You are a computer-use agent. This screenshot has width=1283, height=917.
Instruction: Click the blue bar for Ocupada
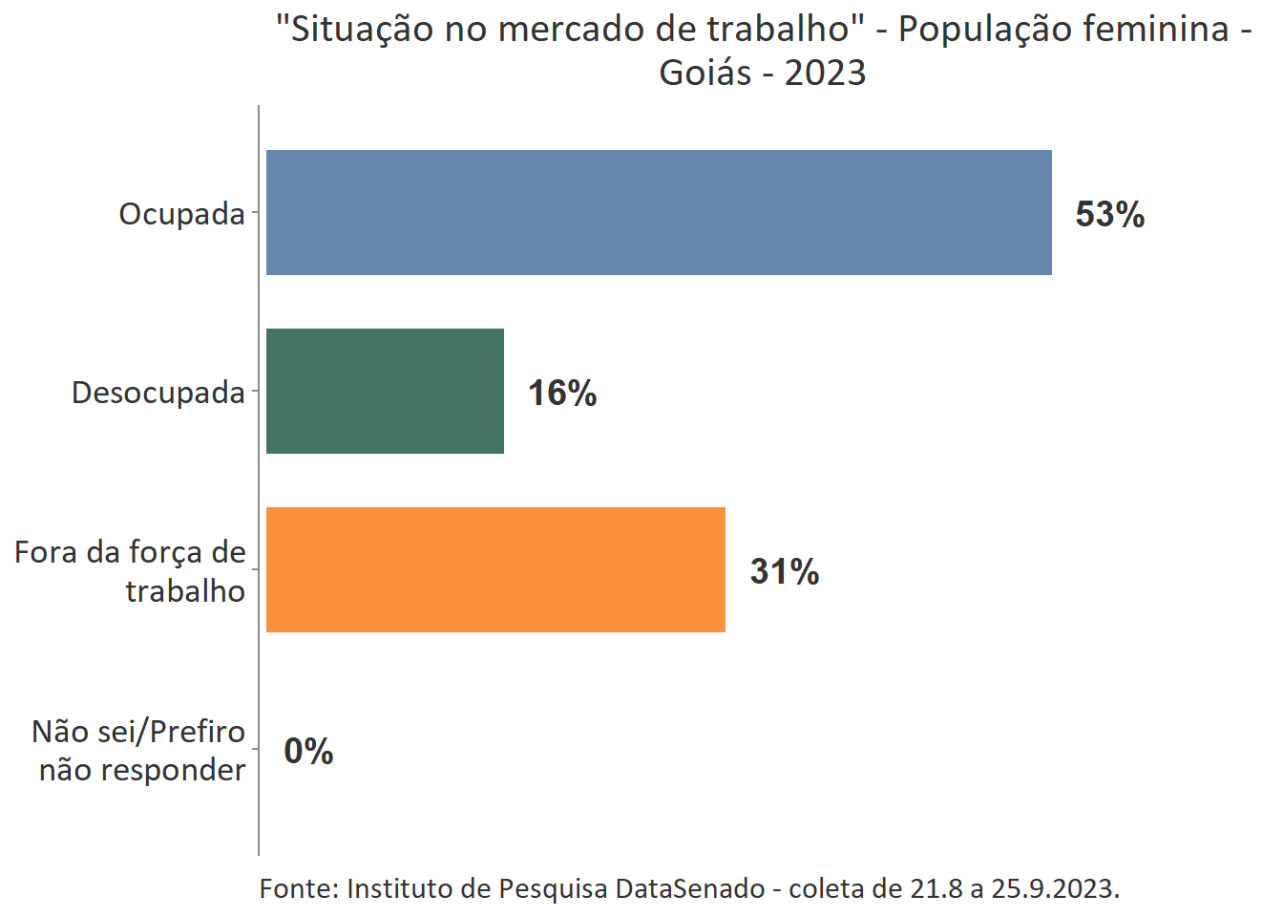[x=659, y=212]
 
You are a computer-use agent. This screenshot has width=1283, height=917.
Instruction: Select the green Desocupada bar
[x=385, y=391]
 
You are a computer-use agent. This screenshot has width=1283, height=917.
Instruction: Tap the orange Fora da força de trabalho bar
[x=495, y=569]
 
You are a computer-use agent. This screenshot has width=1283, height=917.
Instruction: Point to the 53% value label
[x=1109, y=214]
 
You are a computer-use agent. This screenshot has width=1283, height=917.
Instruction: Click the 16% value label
[x=562, y=393]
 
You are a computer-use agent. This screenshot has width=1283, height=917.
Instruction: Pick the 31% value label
[x=784, y=571]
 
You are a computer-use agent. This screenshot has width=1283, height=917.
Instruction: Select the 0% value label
[x=308, y=751]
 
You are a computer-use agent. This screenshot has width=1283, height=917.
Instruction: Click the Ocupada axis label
[x=181, y=214]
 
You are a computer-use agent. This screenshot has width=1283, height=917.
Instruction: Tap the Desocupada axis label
[x=158, y=393]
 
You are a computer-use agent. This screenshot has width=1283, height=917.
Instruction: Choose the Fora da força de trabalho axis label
[x=131, y=571]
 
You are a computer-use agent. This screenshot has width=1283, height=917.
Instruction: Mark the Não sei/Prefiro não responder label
[x=139, y=751]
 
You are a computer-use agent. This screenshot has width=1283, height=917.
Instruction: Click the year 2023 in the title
[x=825, y=73]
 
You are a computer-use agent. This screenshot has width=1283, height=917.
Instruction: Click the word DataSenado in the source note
[x=689, y=888]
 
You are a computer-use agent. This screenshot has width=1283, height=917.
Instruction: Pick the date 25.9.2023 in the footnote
[x=1053, y=888]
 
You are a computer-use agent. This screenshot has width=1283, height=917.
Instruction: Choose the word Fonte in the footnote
[x=297, y=888]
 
